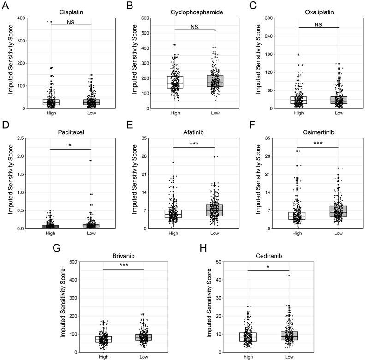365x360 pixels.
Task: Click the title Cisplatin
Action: point(72,11)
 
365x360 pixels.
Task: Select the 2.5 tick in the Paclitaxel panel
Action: point(20,138)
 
